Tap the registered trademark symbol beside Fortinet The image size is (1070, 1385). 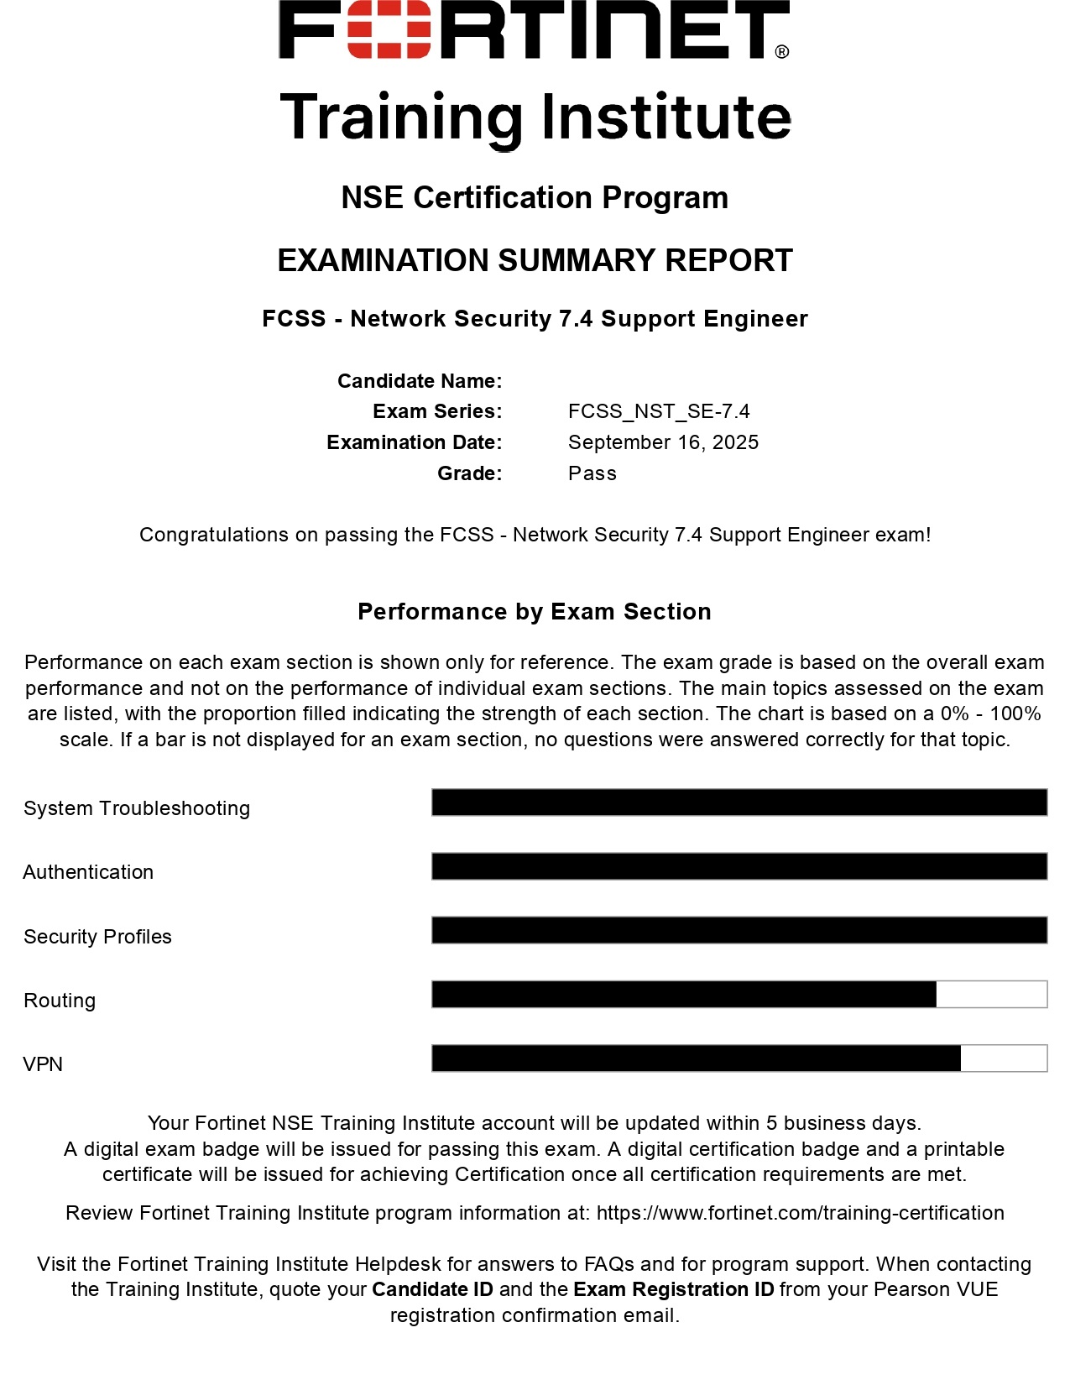(782, 52)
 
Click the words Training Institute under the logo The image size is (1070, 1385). (535, 118)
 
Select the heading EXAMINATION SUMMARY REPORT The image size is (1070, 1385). (535, 261)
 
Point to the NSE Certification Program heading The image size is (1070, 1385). (535, 198)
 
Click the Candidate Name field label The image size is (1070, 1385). (420, 381)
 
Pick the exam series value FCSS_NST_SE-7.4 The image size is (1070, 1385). (659, 411)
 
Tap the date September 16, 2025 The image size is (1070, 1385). (663, 442)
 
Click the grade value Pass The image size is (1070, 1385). (592, 473)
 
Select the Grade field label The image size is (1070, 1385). (469, 473)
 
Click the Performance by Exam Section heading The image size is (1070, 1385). (535, 611)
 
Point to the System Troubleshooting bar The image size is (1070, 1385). (739, 802)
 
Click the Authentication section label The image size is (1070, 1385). (88, 872)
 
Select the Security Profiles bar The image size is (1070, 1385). (739, 930)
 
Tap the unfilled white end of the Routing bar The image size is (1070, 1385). (991, 995)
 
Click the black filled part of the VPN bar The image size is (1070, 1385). (696, 1058)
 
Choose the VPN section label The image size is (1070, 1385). (43, 1064)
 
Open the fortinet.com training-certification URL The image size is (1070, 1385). (800, 1213)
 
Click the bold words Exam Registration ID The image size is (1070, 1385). (673, 1289)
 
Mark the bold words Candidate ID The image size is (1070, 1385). (432, 1289)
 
